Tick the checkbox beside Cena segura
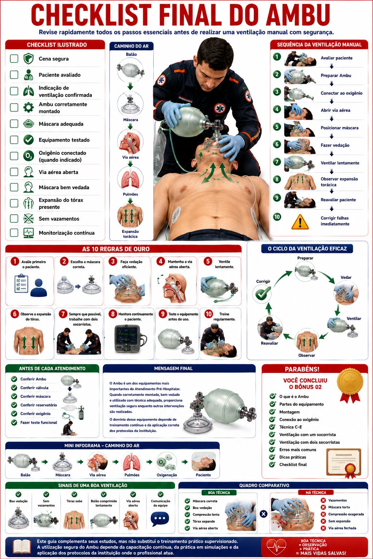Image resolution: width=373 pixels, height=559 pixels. (14, 59)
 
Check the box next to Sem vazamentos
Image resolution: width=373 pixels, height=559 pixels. (14, 219)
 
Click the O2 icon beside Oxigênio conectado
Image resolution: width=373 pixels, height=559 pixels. (28, 156)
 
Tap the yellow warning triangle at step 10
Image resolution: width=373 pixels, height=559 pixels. (300, 222)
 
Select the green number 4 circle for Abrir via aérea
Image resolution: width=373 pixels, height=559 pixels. (277, 109)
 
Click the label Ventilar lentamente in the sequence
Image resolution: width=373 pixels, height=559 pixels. (340, 163)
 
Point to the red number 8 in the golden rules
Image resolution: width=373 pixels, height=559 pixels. (113, 314)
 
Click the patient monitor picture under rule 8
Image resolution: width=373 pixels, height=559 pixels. (129, 339)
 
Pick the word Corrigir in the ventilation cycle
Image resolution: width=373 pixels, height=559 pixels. (263, 281)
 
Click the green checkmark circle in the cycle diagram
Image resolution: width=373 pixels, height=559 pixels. (262, 294)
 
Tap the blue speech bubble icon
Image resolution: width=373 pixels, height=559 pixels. (160, 519)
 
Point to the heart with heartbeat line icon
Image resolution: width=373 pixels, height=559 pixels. (276, 547)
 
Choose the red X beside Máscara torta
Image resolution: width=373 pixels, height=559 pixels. (323, 507)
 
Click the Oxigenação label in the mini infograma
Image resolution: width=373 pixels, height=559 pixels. (166, 475)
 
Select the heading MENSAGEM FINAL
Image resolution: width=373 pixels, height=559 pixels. (173, 368)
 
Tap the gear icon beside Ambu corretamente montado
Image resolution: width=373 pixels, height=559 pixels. (28, 108)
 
